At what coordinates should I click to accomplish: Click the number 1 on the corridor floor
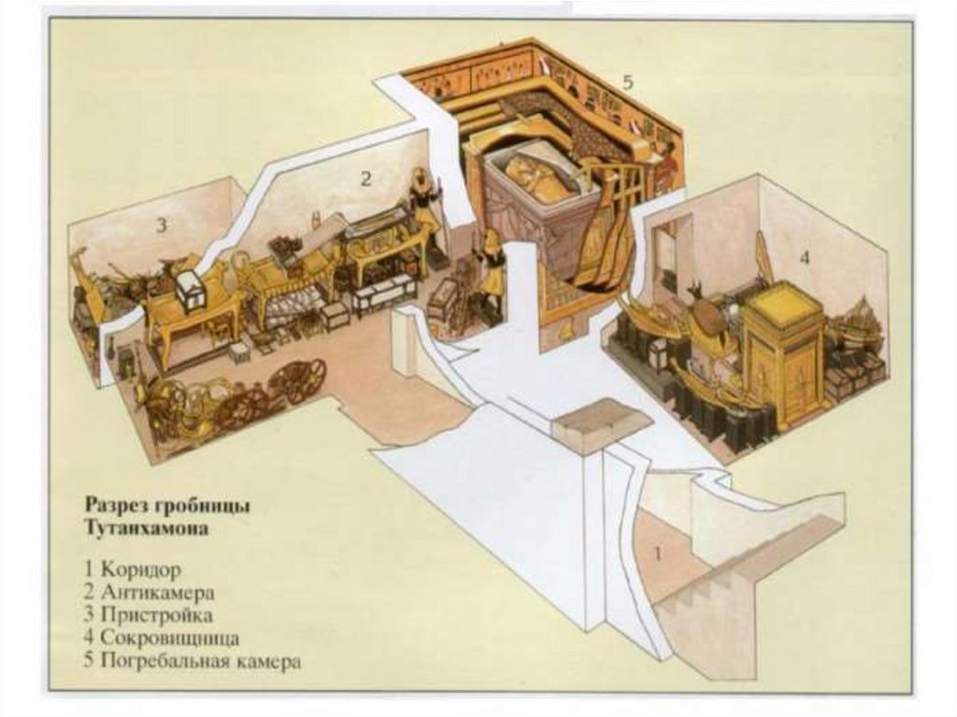pos(657,553)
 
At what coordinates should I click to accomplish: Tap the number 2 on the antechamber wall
pos(366,179)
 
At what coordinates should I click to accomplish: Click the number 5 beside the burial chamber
pos(627,82)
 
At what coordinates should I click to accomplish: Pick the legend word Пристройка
pos(159,616)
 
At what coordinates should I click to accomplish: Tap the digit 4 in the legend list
pos(92,639)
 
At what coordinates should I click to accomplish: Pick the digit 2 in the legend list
pos(92,593)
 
